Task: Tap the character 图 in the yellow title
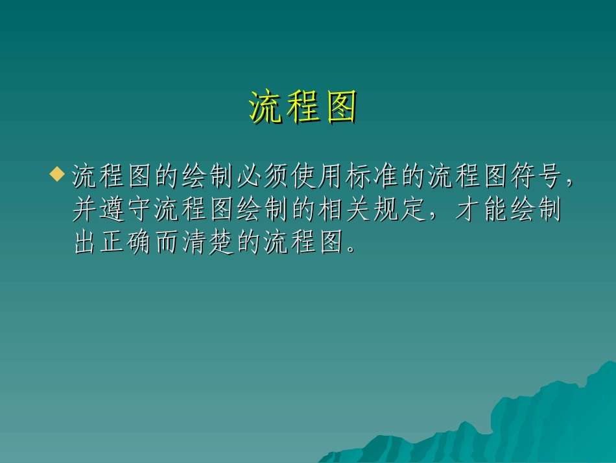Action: [x=341, y=108]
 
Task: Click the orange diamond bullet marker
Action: [x=58, y=174]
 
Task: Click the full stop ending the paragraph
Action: [x=351, y=249]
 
